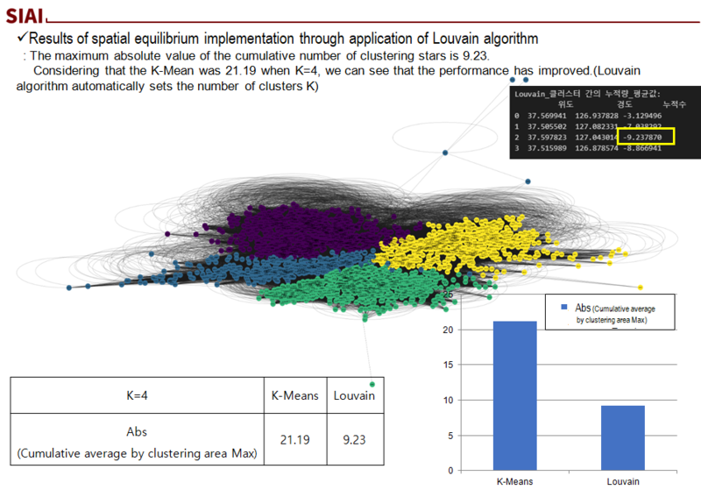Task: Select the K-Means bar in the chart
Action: (x=514, y=395)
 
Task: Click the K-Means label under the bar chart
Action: (x=514, y=481)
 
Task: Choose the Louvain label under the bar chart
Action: (x=623, y=481)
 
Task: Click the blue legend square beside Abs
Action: (x=564, y=308)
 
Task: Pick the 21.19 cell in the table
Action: (x=294, y=439)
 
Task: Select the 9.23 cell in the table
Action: (x=355, y=439)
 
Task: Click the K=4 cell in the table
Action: (x=138, y=396)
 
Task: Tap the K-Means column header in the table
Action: (x=294, y=396)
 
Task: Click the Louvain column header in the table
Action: (x=355, y=396)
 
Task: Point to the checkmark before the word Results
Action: (x=24, y=39)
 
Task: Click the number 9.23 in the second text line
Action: (x=474, y=56)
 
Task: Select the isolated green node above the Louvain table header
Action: (x=372, y=384)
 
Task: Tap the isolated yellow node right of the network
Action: (x=641, y=287)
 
